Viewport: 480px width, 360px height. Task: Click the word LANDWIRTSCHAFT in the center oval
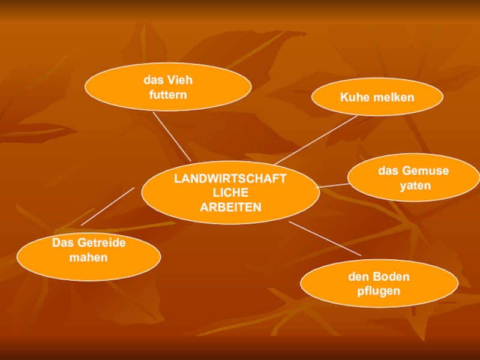(x=230, y=179)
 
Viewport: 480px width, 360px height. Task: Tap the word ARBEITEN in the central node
(x=230, y=207)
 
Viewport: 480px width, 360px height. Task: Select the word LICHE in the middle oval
(x=230, y=193)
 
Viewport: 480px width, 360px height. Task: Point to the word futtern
(x=168, y=95)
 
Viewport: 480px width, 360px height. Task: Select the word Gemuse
(x=425, y=171)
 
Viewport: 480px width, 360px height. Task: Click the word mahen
(x=88, y=257)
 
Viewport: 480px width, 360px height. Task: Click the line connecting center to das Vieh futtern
(x=172, y=136)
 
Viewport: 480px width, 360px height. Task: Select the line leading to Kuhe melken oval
(x=316, y=140)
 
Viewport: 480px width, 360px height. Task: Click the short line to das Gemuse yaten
(x=333, y=185)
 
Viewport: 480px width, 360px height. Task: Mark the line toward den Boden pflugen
(x=325, y=238)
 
